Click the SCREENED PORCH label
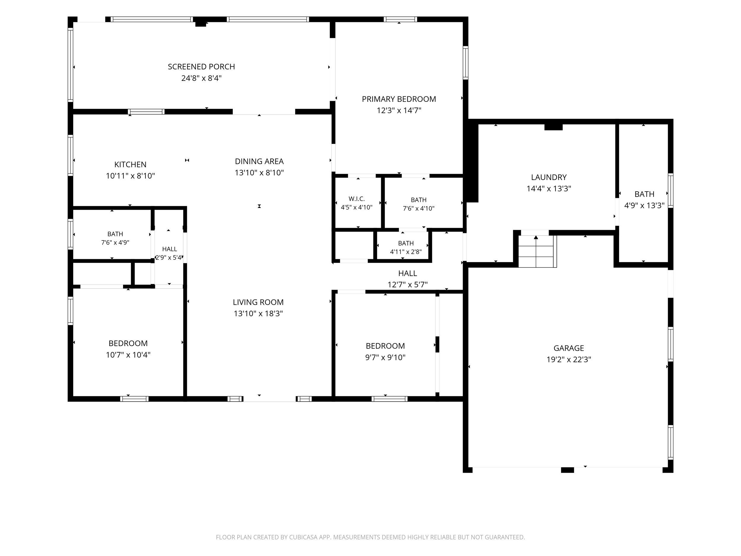pyautogui.click(x=201, y=67)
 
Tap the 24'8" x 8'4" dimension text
pyautogui.click(x=201, y=78)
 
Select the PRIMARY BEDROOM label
pyautogui.click(x=399, y=99)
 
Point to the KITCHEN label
pyautogui.click(x=130, y=165)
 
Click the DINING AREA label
pyautogui.click(x=259, y=162)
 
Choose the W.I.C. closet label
pyautogui.click(x=357, y=199)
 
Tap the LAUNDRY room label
pyautogui.click(x=549, y=177)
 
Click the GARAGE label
pyautogui.click(x=569, y=348)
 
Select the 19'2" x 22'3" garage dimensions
pyautogui.click(x=569, y=360)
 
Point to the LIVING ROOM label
pyautogui.click(x=258, y=302)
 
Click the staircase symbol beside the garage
pyautogui.click(x=537, y=251)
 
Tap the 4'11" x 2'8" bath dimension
pyautogui.click(x=406, y=252)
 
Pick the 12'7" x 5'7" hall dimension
pyautogui.click(x=408, y=285)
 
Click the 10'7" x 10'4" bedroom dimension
pyautogui.click(x=128, y=355)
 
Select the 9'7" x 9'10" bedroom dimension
pyautogui.click(x=385, y=358)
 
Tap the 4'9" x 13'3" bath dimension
pyautogui.click(x=644, y=206)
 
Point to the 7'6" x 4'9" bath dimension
pyautogui.click(x=115, y=242)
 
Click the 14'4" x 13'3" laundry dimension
pyautogui.click(x=549, y=189)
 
